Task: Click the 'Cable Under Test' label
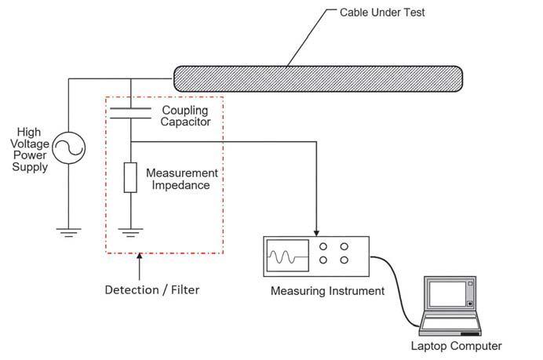coord(381,13)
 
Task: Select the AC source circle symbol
coord(68,147)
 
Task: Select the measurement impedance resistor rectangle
coord(130,178)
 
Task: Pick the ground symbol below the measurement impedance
coord(130,231)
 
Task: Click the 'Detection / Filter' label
coord(152,290)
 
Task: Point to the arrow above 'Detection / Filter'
coord(139,265)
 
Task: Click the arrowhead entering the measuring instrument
coord(316,232)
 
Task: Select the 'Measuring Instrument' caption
coord(327,292)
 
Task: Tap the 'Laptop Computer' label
coord(456,345)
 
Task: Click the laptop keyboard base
coord(451,322)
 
